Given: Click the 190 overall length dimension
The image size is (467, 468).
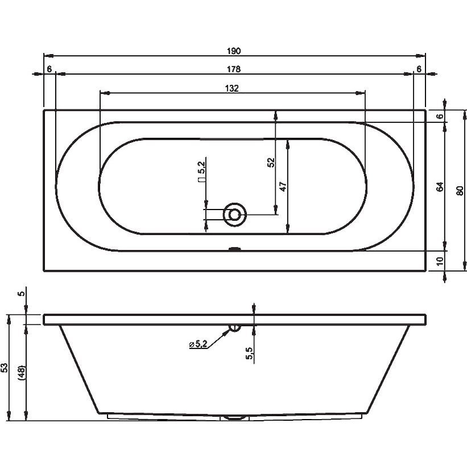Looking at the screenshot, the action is [233, 51].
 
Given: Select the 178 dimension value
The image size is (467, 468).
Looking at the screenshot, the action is [233, 69].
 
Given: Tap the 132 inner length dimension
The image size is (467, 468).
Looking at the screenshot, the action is [232, 89].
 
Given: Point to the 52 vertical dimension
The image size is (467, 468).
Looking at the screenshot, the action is [271, 162].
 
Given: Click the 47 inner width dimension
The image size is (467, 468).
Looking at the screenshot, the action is [283, 187].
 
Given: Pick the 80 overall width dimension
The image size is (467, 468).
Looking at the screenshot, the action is [460, 190].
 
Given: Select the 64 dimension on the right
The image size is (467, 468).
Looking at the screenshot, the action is [440, 187].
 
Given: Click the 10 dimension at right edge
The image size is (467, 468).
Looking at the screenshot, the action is [440, 261].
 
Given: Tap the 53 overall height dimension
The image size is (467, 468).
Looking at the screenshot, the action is [5, 367].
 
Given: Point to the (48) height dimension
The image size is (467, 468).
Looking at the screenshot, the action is [22, 372].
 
